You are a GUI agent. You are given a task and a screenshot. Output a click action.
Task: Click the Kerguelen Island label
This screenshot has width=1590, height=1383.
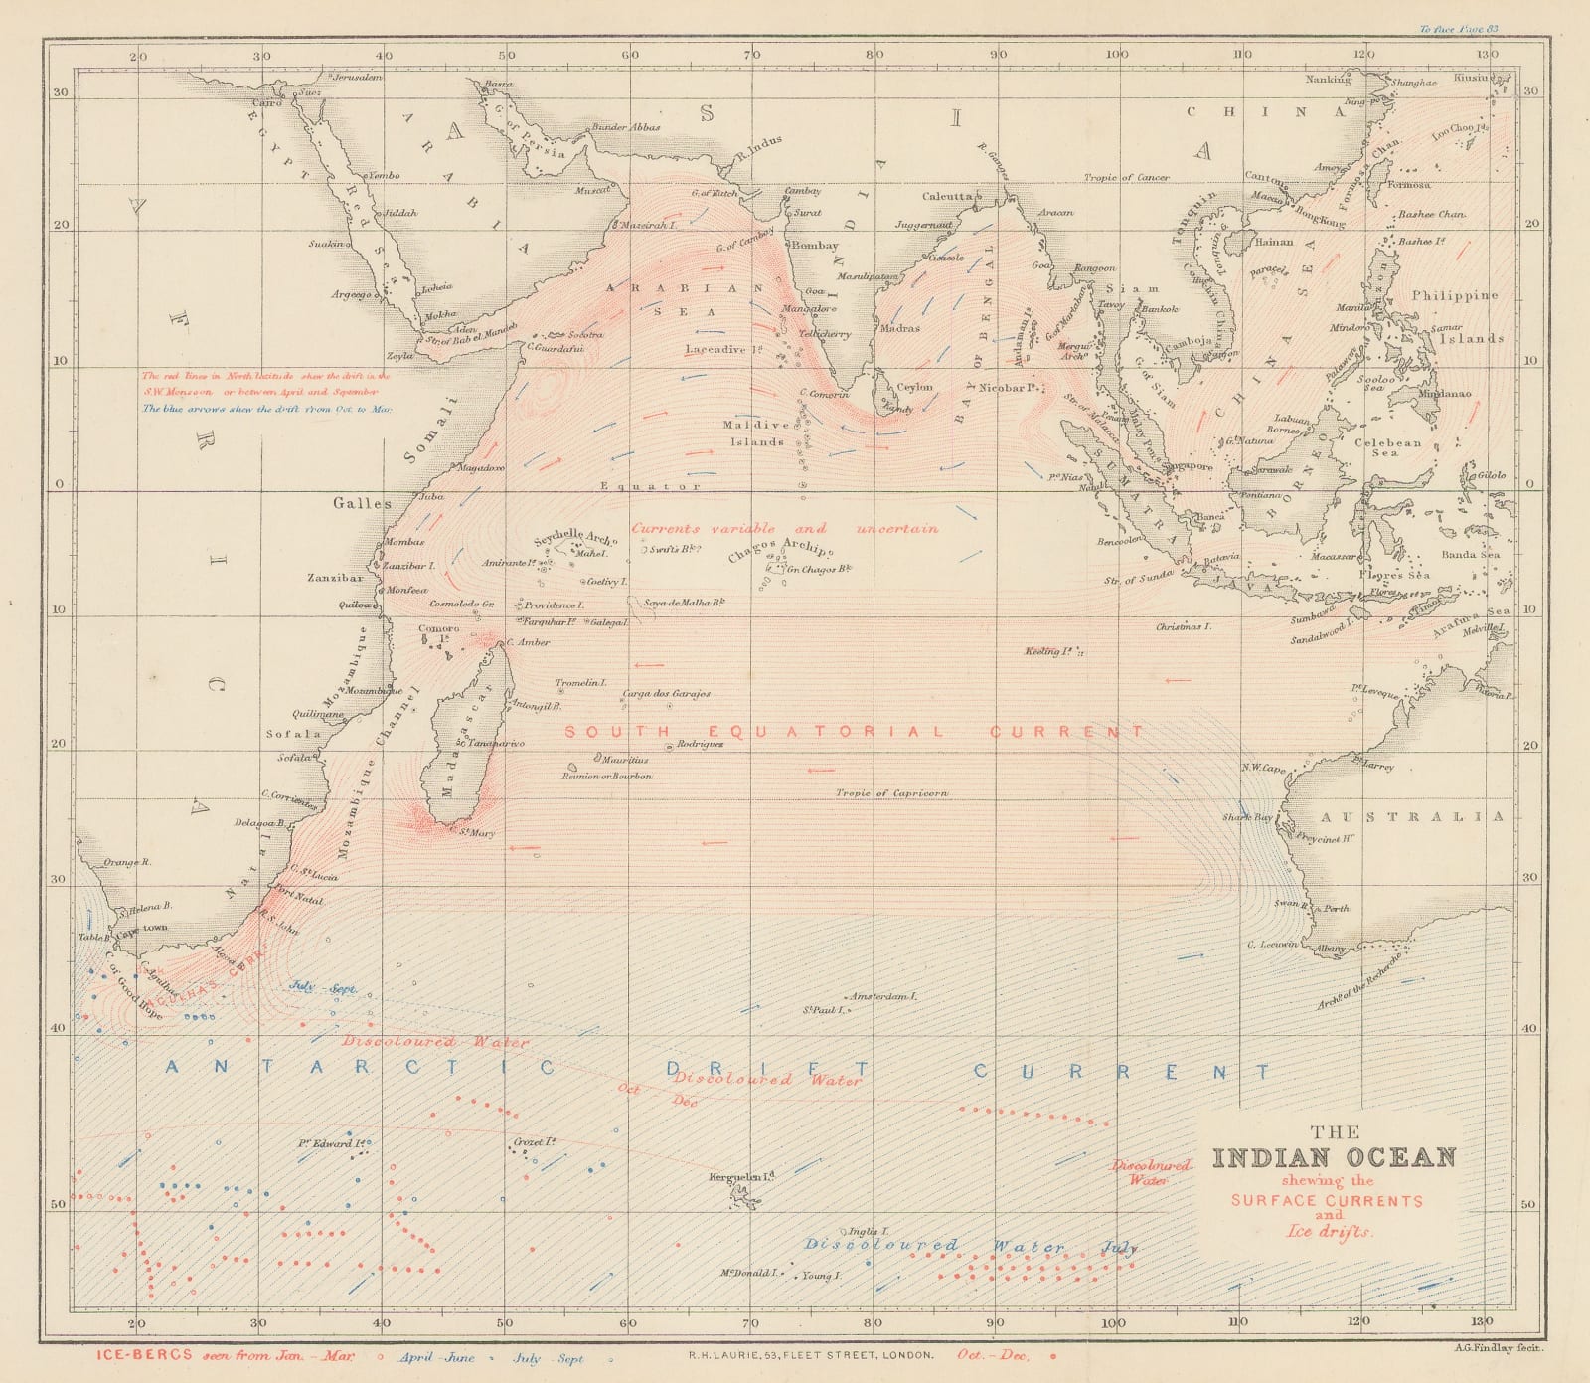740,1177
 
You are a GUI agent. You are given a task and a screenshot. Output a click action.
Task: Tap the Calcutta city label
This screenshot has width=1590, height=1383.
948,197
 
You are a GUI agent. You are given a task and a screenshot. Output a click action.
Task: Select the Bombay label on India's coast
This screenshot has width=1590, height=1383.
815,246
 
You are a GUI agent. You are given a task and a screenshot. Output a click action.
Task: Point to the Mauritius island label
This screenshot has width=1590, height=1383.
624,760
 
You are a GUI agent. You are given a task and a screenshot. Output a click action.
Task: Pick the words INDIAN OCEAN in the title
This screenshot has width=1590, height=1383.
1334,1158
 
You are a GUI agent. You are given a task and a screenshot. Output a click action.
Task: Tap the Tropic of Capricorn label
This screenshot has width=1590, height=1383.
891,793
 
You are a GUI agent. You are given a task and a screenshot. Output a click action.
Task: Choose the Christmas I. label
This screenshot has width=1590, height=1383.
1184,627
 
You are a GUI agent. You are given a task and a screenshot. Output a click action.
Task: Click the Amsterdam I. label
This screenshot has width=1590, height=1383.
882,995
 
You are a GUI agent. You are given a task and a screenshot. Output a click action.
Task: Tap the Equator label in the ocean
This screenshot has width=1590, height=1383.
650,486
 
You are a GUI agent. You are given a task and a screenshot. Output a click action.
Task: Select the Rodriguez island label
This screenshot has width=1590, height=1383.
700,744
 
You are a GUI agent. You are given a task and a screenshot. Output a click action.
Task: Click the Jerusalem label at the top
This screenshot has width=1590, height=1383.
358,77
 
